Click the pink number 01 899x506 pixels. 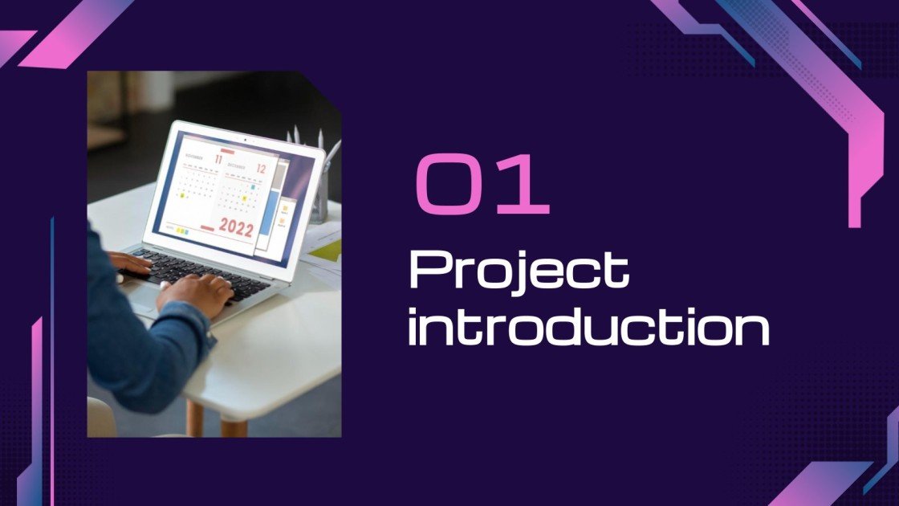pyautogui.click(x=482, y=186)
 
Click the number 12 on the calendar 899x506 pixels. pyautogui.click(x=260, y=168)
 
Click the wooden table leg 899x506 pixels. pyautogui.click(x=195, y=418)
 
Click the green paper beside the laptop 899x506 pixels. pyautogui.click(x=325, y=250)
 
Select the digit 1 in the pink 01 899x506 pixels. pyautogui.click(x=526, y=186)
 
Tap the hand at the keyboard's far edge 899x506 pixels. pyautogui.click(x=128, y=262)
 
